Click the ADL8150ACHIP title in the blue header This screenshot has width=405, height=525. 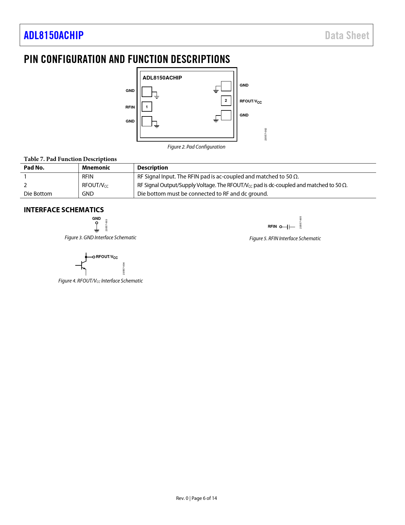(54, 35)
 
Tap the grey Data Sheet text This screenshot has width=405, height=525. (347, 35)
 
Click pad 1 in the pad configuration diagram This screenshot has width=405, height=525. (147, 107)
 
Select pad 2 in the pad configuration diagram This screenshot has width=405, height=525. (226, 101)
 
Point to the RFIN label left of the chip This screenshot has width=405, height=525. (130, 107)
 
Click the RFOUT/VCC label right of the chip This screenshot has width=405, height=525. (251, 101)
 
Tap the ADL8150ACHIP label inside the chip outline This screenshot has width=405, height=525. (162, 78)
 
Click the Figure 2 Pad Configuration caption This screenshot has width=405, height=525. (196, 147)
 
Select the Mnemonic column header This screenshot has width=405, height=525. (96, 168)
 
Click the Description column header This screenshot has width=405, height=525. (152, 168)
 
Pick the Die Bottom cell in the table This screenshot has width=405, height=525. (38, 194)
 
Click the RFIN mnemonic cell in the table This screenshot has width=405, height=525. (88, 177)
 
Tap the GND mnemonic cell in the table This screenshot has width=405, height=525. (88, 194)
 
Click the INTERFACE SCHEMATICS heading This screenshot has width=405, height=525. (64, 210)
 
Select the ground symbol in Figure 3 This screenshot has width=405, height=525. (97, 230)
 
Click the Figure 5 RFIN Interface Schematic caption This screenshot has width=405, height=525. (285, 238)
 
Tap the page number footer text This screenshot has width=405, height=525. (196, 498)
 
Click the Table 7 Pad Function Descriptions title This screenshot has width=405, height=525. (70, 159)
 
